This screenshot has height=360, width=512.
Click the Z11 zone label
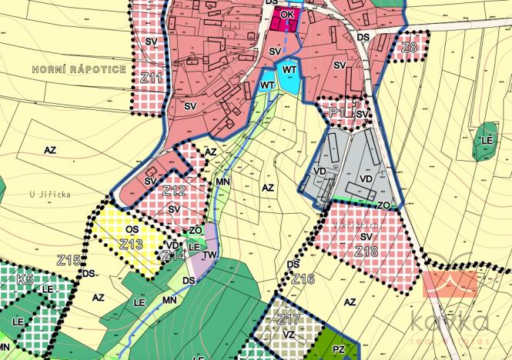point(152,78)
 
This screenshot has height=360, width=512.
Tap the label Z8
point(409,48)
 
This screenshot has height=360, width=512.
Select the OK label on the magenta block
point(287,15)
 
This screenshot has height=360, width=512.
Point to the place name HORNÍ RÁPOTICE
point(79,69)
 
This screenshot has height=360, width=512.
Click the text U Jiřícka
point(47,195)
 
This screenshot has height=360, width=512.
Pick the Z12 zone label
point(174,190)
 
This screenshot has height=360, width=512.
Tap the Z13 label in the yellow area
point(132,244)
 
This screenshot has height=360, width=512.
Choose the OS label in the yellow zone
point(132,229)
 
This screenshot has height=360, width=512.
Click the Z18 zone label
point(366,252)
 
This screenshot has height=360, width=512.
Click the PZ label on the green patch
point(339,350)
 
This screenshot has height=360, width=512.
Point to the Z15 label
point(69,260)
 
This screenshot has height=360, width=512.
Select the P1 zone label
point(336,112)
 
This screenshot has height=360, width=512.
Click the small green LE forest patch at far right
point(486,142)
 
